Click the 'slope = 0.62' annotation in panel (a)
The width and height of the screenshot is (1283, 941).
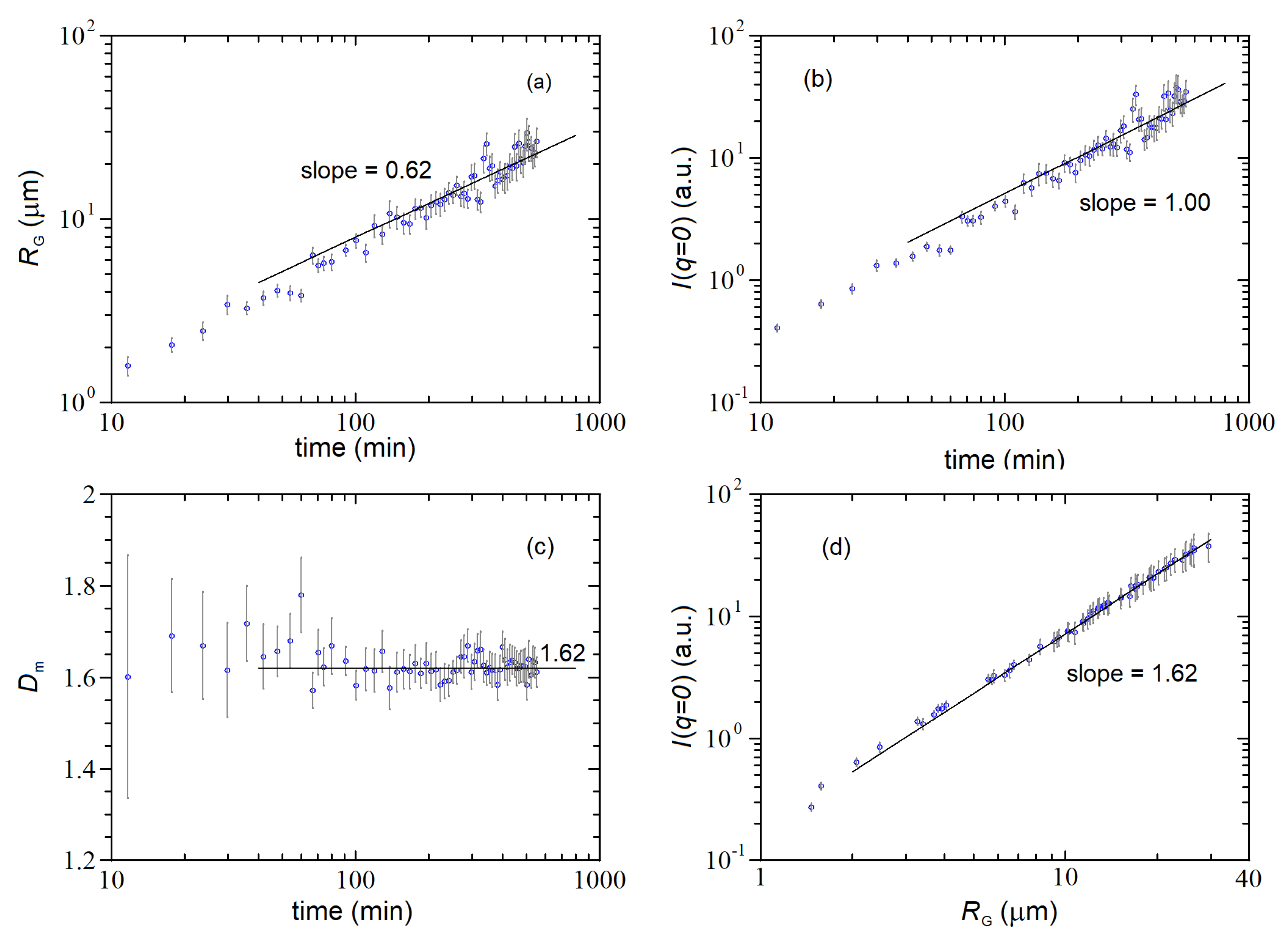point(365,170)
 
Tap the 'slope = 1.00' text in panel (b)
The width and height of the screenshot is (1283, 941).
point(1144,203)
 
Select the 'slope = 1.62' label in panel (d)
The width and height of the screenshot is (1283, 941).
point(1132,674)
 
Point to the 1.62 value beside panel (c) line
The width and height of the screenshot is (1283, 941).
point(562,653)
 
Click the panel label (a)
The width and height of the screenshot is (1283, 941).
point(539,83)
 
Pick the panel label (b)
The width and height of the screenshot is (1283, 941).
point(817,79)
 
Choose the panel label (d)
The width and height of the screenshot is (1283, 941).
point(836,548)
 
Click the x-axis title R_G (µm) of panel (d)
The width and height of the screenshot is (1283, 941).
point(1008,912)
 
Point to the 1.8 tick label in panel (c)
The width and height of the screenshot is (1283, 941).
point(79,587)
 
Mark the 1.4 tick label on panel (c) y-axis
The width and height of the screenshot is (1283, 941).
point(79,770)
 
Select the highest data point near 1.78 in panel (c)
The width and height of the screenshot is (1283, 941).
point(301,595)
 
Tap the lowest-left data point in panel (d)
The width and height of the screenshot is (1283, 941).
point(811,807)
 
